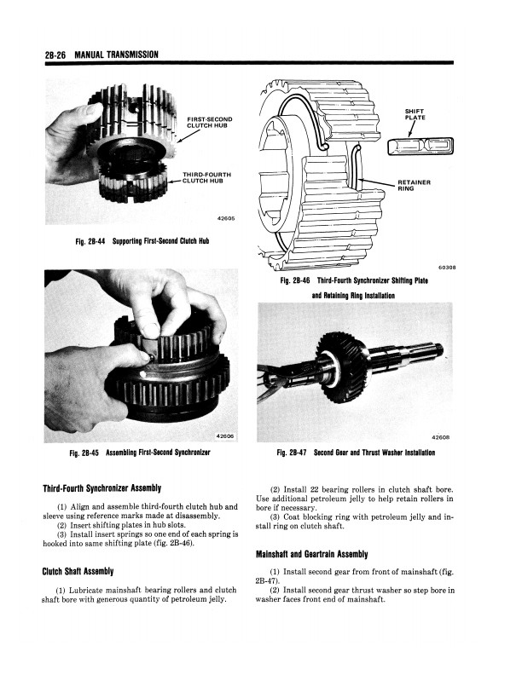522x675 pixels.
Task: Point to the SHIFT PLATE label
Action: (415, 114)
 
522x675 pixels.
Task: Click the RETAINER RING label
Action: (414, 185)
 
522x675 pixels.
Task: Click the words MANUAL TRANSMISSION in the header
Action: (117, 55)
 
